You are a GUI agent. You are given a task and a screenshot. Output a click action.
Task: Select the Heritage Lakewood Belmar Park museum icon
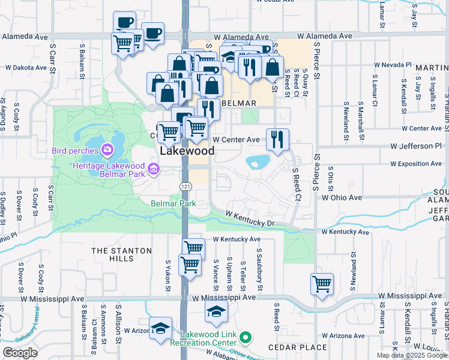tap(153, 170)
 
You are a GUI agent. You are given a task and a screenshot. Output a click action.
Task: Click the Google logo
tap(20, 353)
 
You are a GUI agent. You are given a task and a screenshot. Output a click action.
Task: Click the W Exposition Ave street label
tap(418, 163)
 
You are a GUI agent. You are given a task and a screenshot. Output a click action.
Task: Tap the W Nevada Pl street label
tap(394, 64)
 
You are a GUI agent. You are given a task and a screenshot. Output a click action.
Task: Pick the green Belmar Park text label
tap(173, 204)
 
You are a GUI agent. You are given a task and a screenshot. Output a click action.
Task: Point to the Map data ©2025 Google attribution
tap(411, 355)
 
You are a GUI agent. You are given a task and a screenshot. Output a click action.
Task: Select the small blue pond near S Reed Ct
tap(258, 161)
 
